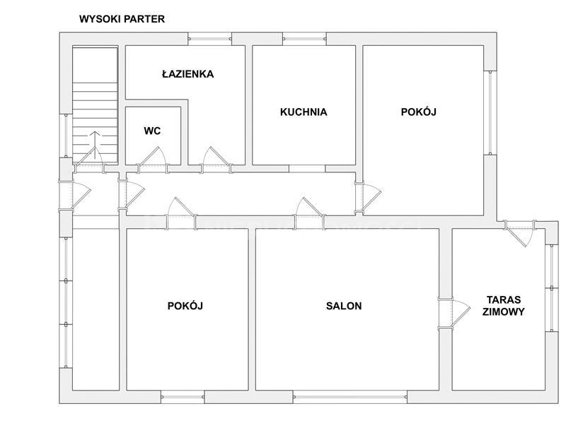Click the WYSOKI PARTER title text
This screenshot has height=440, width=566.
[122, 19]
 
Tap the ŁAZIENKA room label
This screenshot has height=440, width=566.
[187, 74]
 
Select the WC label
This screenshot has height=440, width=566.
[152, 131]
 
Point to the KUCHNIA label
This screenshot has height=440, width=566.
[304, 112]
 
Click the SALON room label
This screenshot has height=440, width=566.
[344, 306]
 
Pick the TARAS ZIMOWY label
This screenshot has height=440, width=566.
[504, 306]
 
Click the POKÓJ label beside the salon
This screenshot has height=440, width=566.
[185, 306]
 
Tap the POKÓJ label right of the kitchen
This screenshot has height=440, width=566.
[419, 112]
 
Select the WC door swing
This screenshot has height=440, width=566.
[153, 157]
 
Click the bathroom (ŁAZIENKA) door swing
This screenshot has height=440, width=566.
[216, 157]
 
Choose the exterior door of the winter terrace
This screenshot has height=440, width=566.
[519, 233]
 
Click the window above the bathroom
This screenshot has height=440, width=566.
[209, 39]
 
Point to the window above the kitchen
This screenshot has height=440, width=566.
[304, 39]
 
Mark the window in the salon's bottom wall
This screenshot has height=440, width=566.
[350, 397]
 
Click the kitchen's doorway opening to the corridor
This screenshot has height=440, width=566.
[307, 169]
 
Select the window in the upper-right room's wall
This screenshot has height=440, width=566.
[490, 112]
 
